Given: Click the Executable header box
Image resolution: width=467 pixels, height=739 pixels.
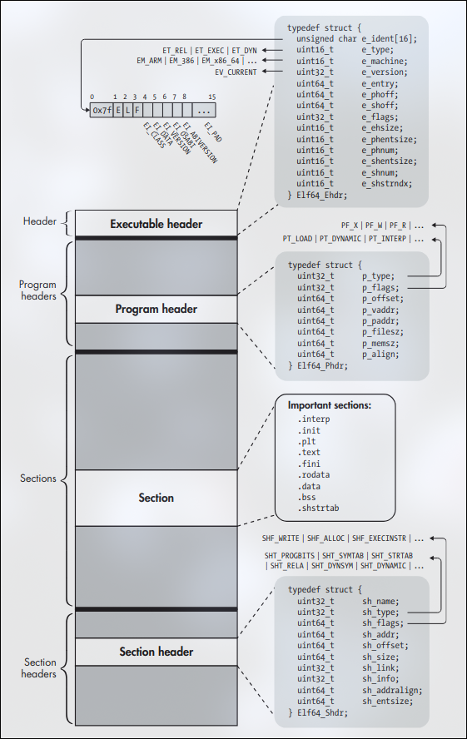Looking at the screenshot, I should (x=156, y=224).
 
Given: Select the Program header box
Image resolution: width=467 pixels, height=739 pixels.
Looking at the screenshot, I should (x=156, y=309).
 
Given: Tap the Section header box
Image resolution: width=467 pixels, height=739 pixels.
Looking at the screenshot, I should (x=156, y=652).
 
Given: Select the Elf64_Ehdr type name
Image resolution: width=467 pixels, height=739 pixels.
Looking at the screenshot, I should (x=320, y=195).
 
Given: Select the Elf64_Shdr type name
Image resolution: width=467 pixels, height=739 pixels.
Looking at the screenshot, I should (x=320, y=712).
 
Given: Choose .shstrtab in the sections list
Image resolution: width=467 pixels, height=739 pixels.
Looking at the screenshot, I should (x=319, y=508).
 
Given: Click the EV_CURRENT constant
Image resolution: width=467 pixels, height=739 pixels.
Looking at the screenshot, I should (x=237, y=72).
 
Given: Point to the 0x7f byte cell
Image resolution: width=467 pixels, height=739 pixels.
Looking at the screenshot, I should (x=101, y=109).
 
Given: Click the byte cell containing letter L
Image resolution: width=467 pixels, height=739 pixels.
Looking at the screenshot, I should (x=127, y=109).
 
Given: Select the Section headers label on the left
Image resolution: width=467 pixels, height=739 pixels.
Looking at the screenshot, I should (x=40, y=668).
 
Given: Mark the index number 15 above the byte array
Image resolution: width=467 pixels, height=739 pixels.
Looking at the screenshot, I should (x=212, y=97).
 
